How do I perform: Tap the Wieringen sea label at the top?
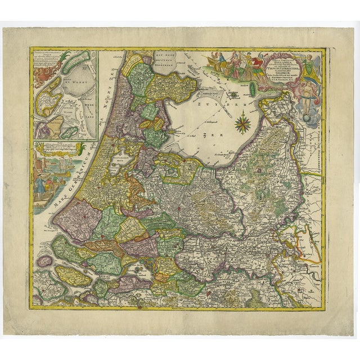[177, 61]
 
